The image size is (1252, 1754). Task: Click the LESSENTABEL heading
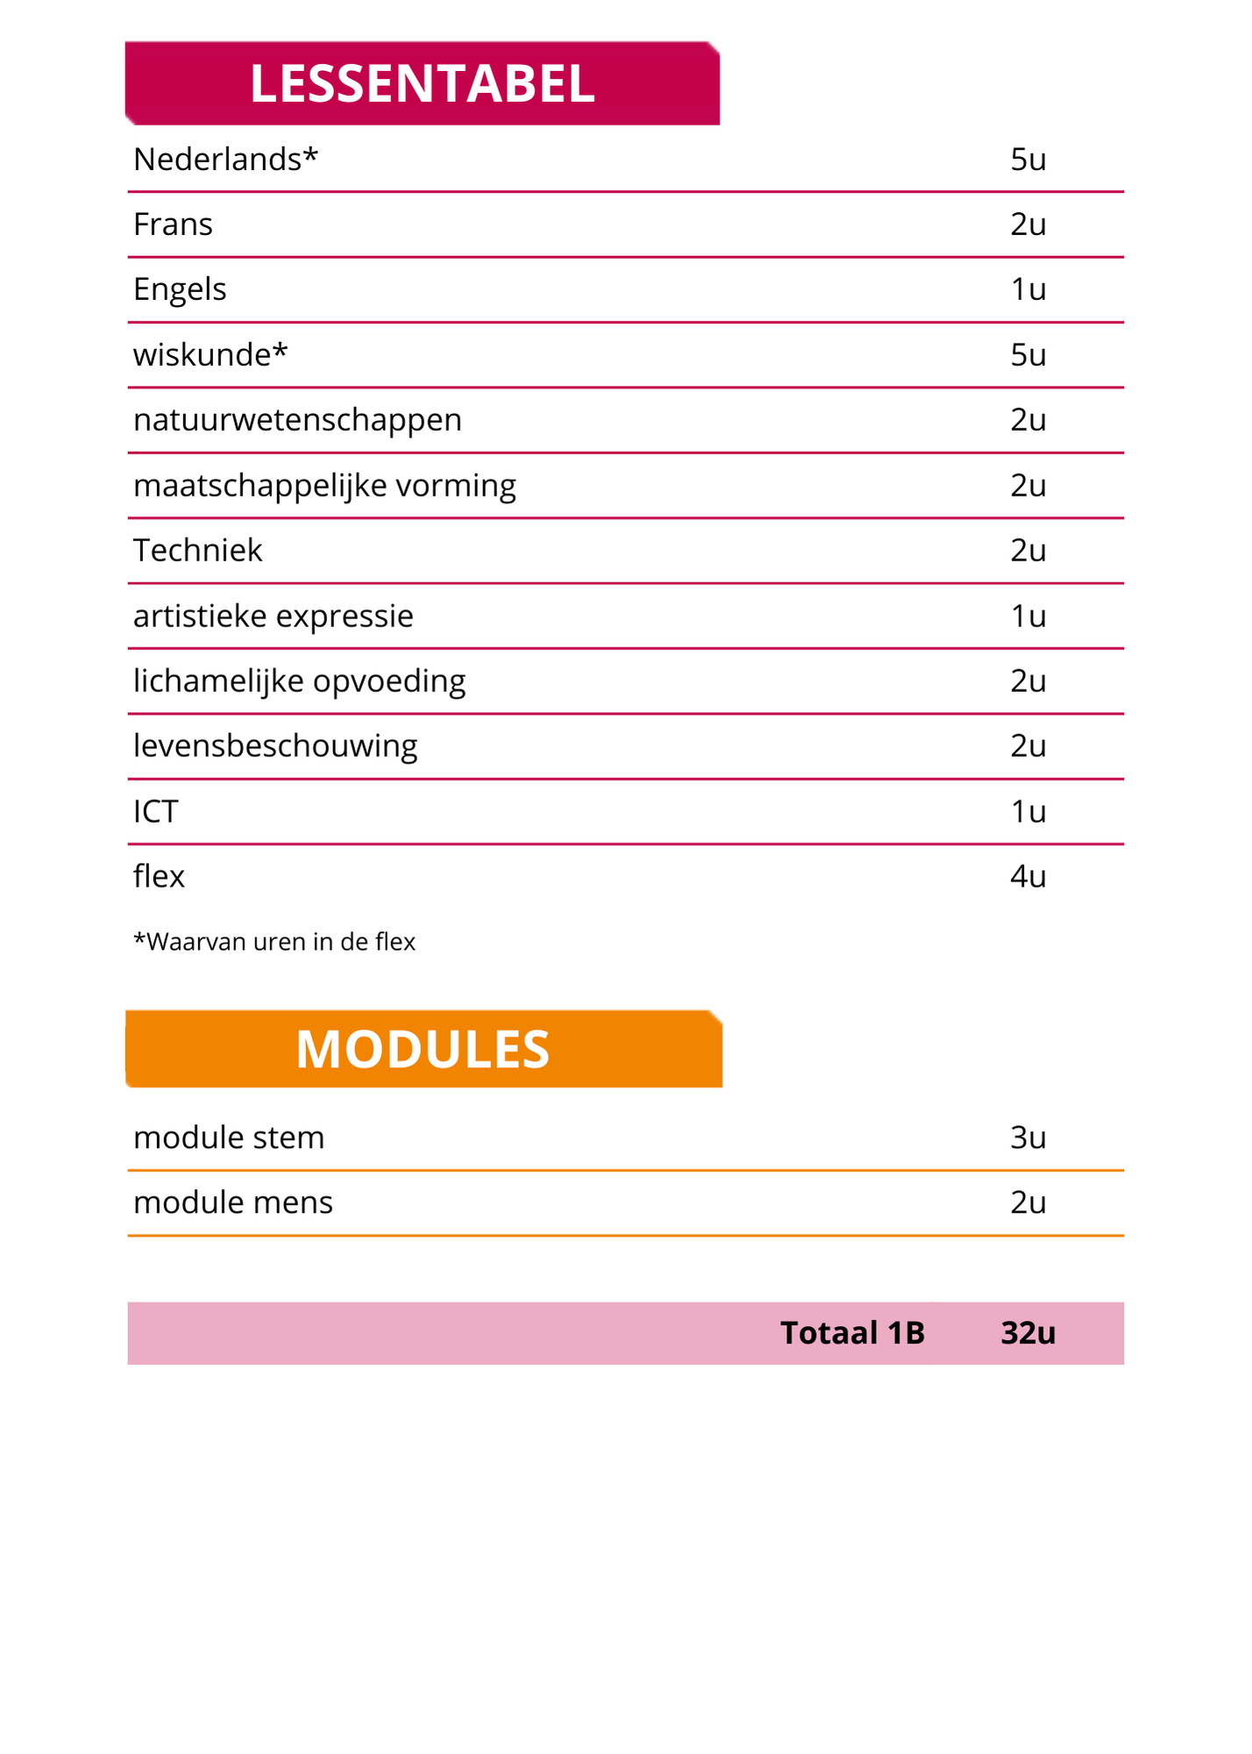point(422,84)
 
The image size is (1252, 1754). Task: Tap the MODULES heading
point(423,1049)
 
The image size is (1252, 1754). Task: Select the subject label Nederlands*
point(225,160)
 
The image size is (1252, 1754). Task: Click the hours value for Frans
point(1028,225)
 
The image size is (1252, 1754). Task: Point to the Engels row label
point(180,289)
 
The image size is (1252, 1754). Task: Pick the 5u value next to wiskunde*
point(1028,355)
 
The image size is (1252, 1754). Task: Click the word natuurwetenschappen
point(297,420)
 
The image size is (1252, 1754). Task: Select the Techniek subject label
point(197,551)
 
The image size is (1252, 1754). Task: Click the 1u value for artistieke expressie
point(1028,617)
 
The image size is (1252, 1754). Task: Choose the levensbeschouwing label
point(275,746)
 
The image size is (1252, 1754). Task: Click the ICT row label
point(155,812)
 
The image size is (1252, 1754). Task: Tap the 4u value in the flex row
point(1028,877)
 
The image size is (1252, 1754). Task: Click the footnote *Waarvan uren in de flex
point(274,942)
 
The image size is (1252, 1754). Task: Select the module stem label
point(229,1137)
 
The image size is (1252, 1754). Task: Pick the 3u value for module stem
point(1028,1137)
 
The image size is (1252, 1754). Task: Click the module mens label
point(233,1202)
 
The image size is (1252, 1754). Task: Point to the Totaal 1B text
point(852,1333)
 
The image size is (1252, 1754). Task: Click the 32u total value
point(1028,1333)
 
